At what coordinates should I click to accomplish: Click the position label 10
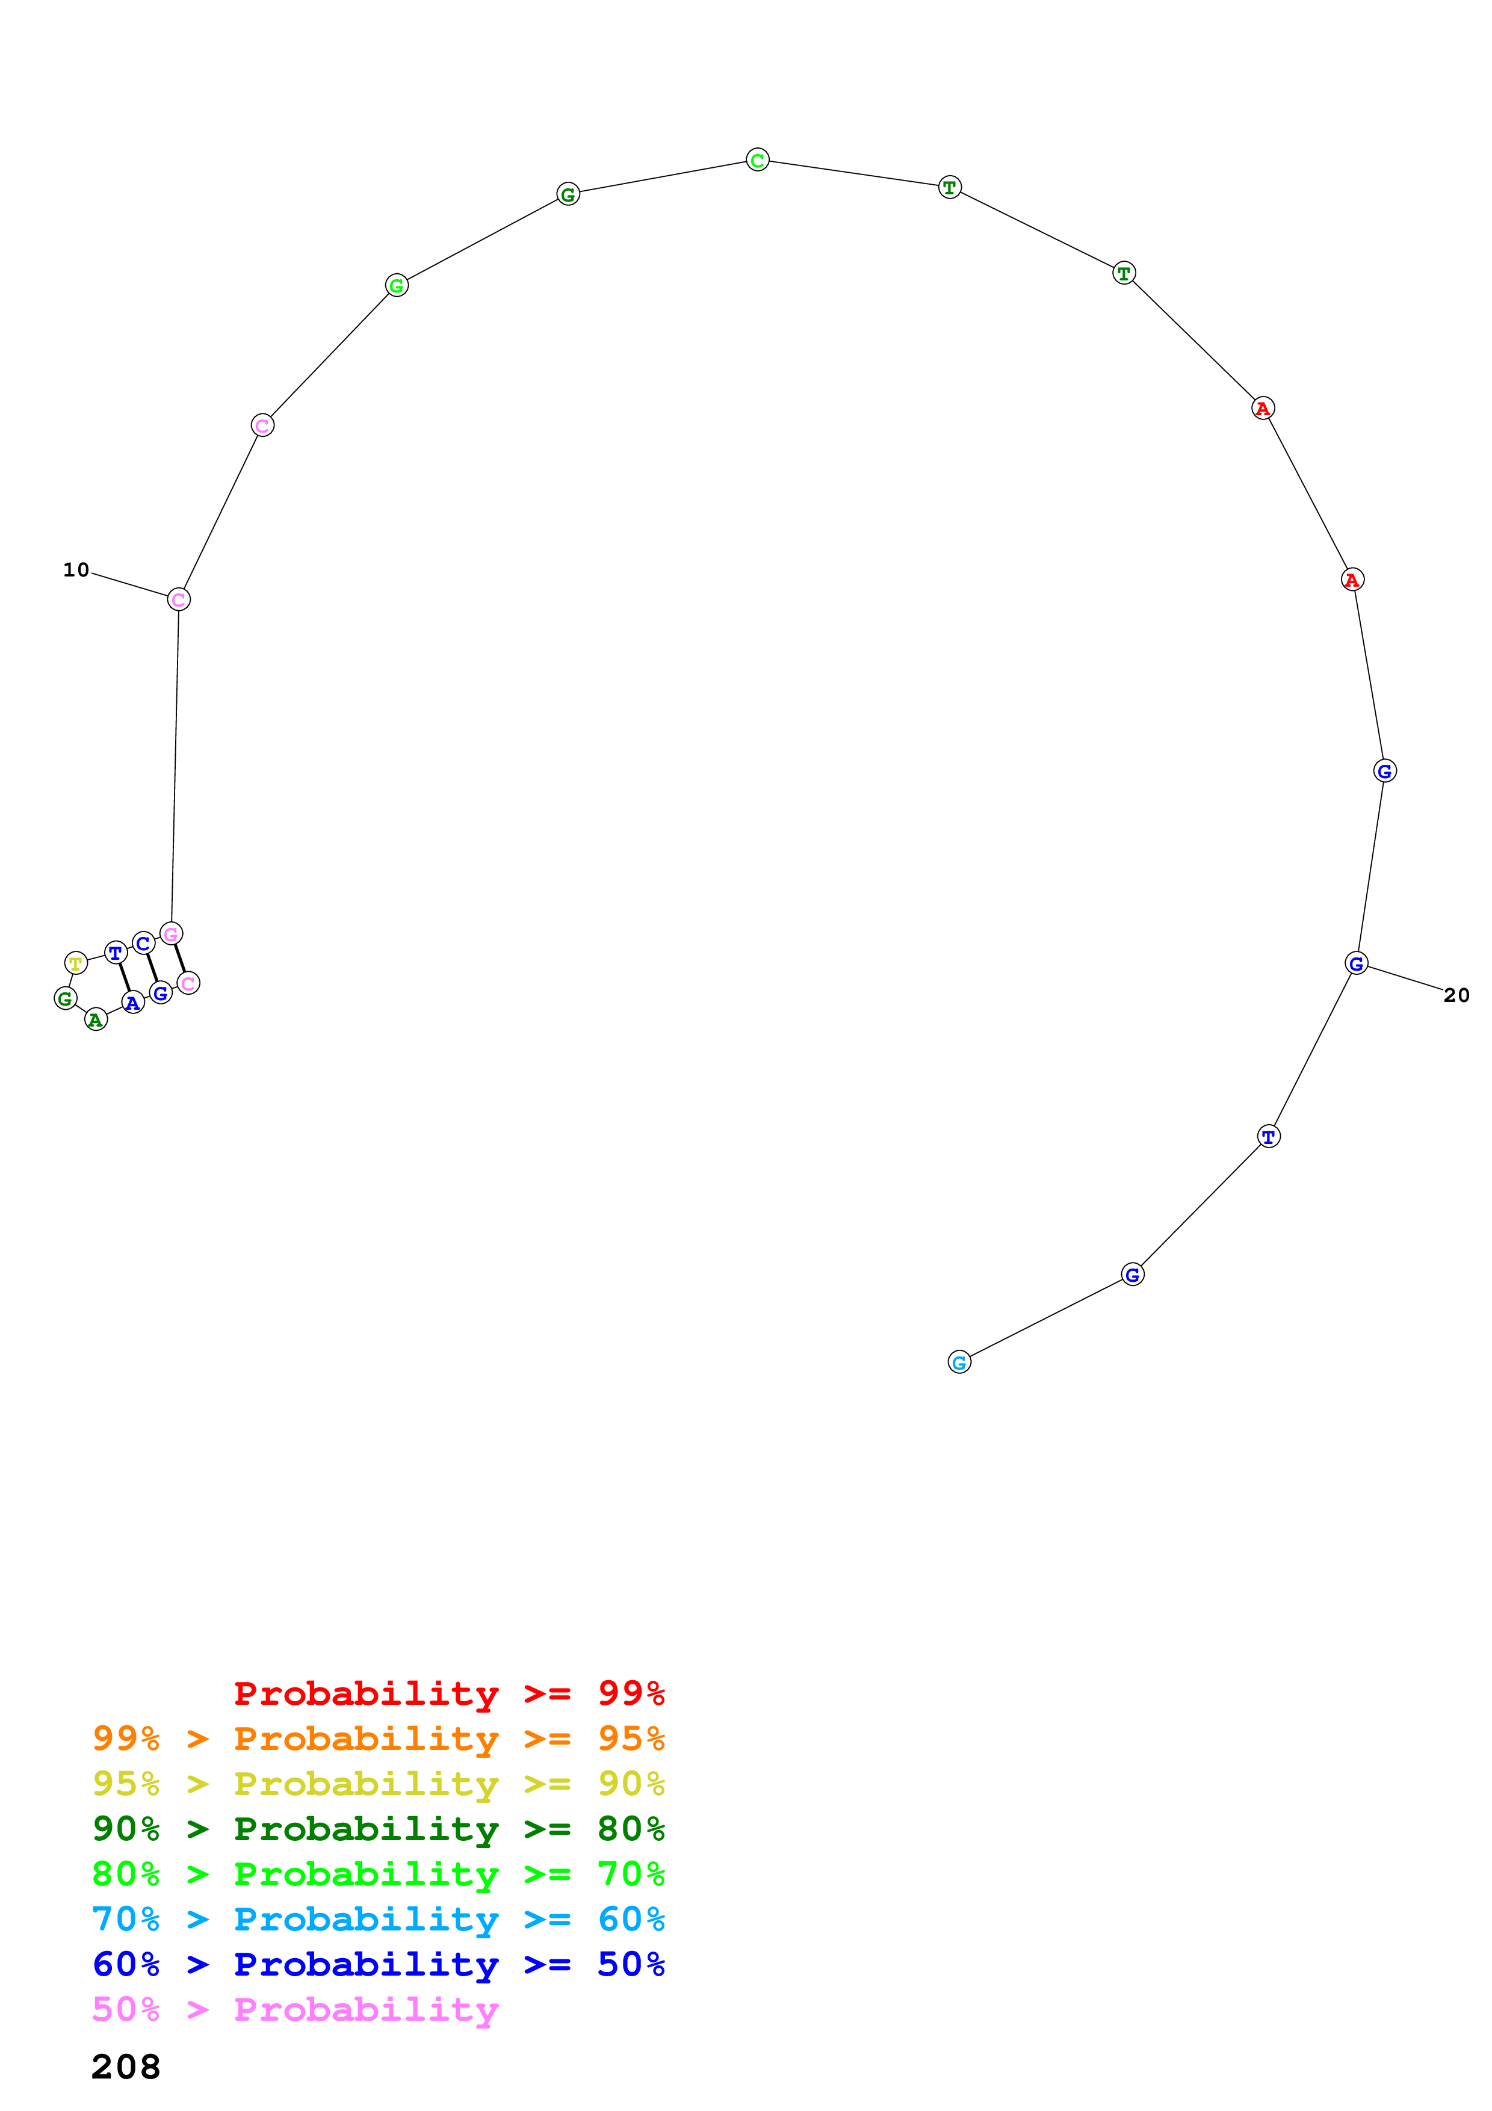pyautogui.click(x=76, y=570)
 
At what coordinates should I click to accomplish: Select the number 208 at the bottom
pyautogui.click(x=126, y=2067)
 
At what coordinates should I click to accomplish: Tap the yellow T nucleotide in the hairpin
pyautogui.click(x=76, y=963)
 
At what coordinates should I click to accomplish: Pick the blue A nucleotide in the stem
pyautogui.click(x=133, y=1003)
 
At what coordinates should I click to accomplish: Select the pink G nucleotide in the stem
pyautogui.click(x=171, y=934)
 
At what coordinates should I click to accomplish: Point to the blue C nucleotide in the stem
pyautogui.click(x=143, y=944)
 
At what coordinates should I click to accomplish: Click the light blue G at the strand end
pyautogui.click(x=959, y=1362)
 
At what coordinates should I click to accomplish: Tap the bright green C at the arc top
pyautogui.click(x=758, y=160)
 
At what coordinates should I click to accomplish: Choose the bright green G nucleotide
pyautogui.click(x=396, y=286)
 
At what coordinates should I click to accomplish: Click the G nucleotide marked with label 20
pyautogui.click(x=1356, y=963)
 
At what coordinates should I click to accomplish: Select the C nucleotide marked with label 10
pyautogui.click(x=178, y=599)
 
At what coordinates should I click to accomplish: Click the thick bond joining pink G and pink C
pyautogui.click(x=180, y=958)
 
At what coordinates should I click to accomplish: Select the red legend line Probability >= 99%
pyautogui.click(x=448, y=1693)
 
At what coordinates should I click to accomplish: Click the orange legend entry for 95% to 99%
pyautogui.click(x=378, y=1739)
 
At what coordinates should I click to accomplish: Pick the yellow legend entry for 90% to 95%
pyautogui.click(x=378, y=1784)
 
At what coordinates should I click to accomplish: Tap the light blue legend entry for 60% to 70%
pyautogui.click(x=378, y=1920)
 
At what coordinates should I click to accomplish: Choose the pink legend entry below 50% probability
pyautogui.click(x=295, y=2010)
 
